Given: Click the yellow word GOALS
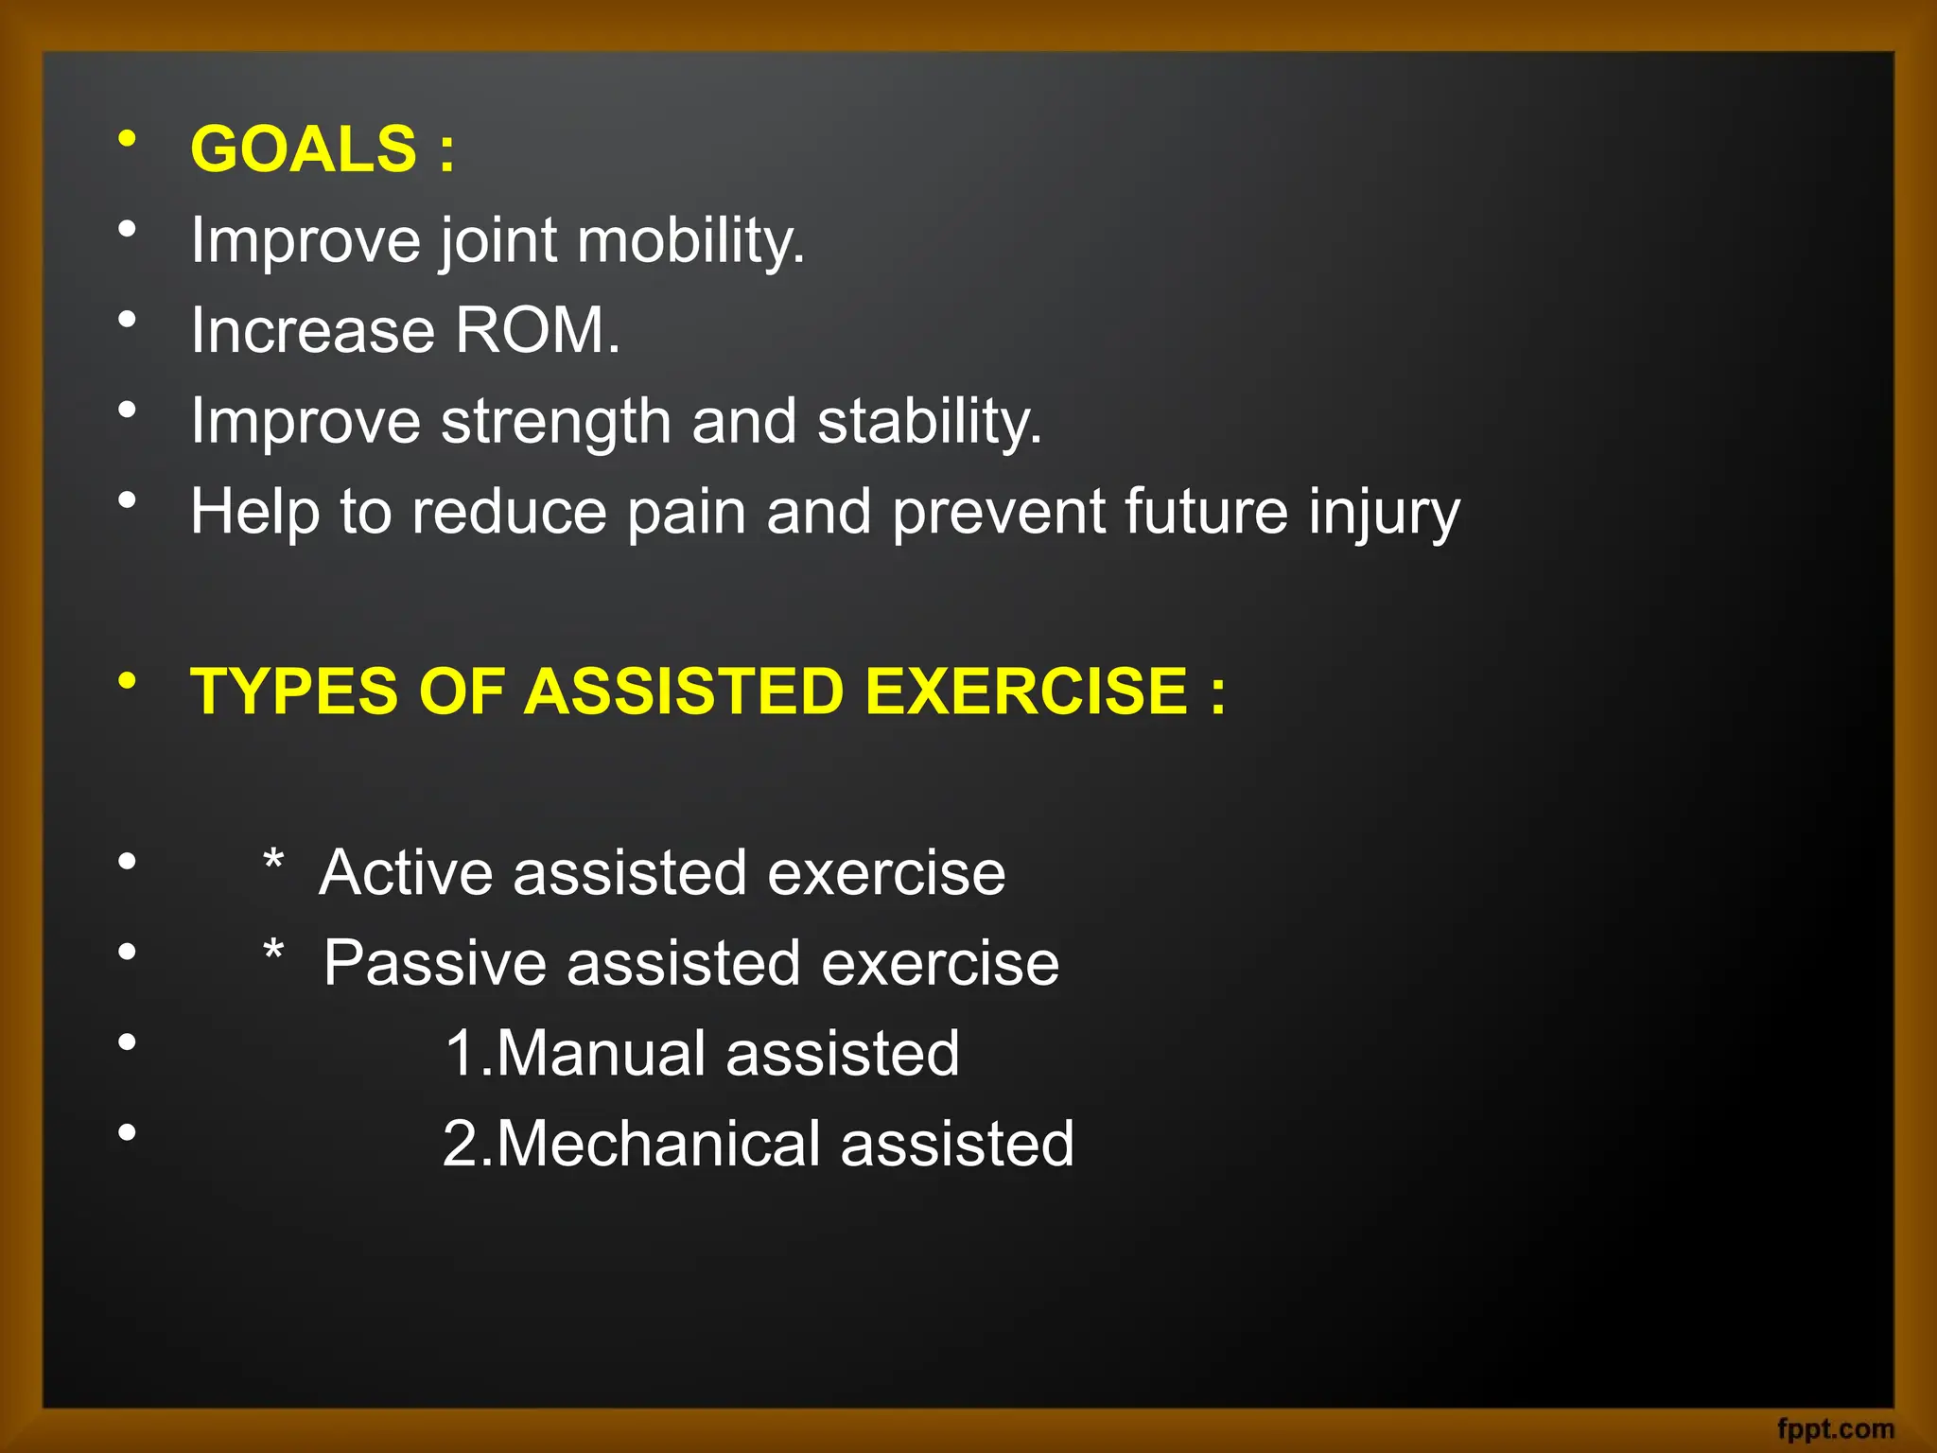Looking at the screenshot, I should [303, 149].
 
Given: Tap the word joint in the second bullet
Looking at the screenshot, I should [498, 240].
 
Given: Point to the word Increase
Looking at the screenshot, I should [312, 330].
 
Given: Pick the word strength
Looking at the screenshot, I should [555, 421].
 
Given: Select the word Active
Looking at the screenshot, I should [406, 872].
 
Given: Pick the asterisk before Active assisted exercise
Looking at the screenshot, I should [273, 862].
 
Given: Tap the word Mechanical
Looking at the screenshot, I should [657, 1144].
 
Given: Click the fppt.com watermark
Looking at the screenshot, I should [1835, 1428].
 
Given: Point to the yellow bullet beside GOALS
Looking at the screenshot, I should [127, 139].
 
